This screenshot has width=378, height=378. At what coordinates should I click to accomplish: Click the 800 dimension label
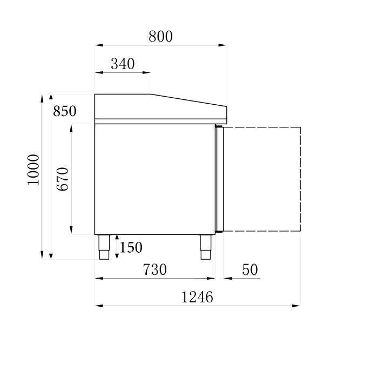[x=160, y=37]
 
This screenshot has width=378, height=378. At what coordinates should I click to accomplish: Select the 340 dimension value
[x=123, y=64]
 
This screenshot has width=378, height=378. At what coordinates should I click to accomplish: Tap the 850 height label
[x=65, y=111]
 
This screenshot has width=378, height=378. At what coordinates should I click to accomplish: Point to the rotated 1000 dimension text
[x=33, y=170]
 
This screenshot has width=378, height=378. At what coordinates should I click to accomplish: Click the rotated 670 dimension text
[x=63, y=179]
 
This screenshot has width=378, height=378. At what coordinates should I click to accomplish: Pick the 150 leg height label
[x=131, y=247]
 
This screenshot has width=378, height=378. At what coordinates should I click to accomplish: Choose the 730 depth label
[x=155, y=269]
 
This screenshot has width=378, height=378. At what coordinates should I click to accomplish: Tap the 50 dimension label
[x=250, y=269]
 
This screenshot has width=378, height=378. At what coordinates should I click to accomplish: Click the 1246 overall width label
[x=197, y=297]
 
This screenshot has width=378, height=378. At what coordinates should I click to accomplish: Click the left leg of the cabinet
[x=104, y=247]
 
